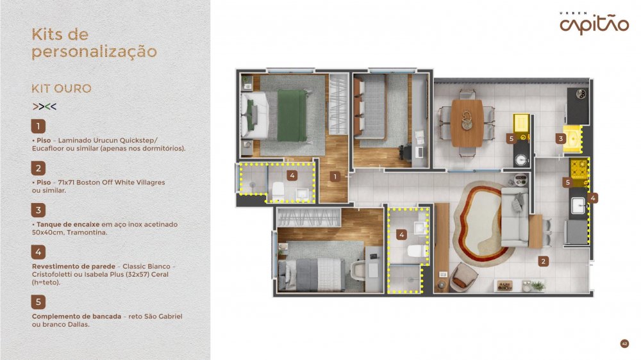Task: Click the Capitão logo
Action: (x=594, y=24)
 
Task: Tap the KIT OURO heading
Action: (x=62, y=88)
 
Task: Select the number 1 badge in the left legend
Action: (x=38, y=126)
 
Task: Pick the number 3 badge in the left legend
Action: (x=38, y=210)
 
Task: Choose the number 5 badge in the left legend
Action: (x=38, y=302)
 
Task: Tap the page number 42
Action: (x=624, y=343)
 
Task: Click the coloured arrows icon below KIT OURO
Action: (x=44, y=106)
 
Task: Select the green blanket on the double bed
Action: (x=292, y=116)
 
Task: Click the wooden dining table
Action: (x=467, y=123)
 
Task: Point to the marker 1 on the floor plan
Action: (x=335, y=177)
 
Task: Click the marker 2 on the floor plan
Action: (x=544, y=261)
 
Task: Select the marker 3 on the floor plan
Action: (x=560, y=138)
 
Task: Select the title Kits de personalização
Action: (x=94, y=43)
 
